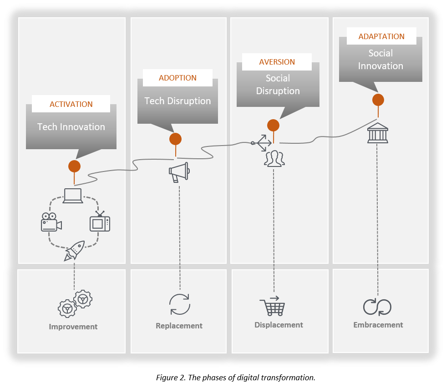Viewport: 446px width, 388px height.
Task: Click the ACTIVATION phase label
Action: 71,104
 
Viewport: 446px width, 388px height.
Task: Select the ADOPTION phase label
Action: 177,78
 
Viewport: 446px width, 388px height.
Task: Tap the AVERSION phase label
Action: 277,62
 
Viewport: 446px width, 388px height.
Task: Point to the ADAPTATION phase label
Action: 381,36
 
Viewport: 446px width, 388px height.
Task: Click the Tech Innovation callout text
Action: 71,127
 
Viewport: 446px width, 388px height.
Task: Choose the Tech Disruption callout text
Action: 177,101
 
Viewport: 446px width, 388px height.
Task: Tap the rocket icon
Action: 75,251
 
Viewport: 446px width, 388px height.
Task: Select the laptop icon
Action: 73,196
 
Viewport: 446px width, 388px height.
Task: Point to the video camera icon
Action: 51,222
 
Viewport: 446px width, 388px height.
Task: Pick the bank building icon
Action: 377,133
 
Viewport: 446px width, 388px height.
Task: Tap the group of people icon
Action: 274,159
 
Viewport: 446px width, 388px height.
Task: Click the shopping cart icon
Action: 272,306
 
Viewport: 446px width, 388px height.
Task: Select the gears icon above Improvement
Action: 75,303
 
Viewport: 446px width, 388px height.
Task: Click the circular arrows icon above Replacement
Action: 180,304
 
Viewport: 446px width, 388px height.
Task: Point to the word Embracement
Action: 378,325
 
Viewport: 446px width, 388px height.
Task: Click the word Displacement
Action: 279,325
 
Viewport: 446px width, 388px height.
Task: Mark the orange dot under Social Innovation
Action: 378,100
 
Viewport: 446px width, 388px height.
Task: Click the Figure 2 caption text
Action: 236,378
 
